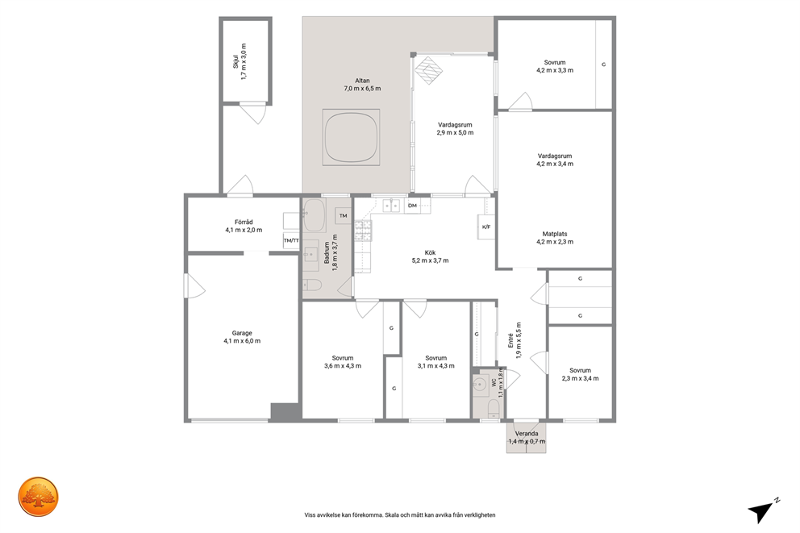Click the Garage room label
click(242, 333)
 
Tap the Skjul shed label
click(235, 61)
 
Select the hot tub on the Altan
click(351, 137)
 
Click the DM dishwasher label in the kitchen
click(412, 206)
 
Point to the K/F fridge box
click(485, 227)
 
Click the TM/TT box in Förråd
click(291, 240)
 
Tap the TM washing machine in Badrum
click(343, 216)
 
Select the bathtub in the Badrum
click(315, 215)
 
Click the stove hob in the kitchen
click(363, 230)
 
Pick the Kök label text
click(430, 252)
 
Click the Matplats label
click(555, 234)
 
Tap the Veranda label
click(526, 434)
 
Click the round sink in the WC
click(479, 385)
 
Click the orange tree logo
click(38, 497)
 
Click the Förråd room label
click(244, 223)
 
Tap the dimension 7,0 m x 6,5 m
click(362, 89)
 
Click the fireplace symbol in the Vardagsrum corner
click(427, 70)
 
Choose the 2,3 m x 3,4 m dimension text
click(580, 378)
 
